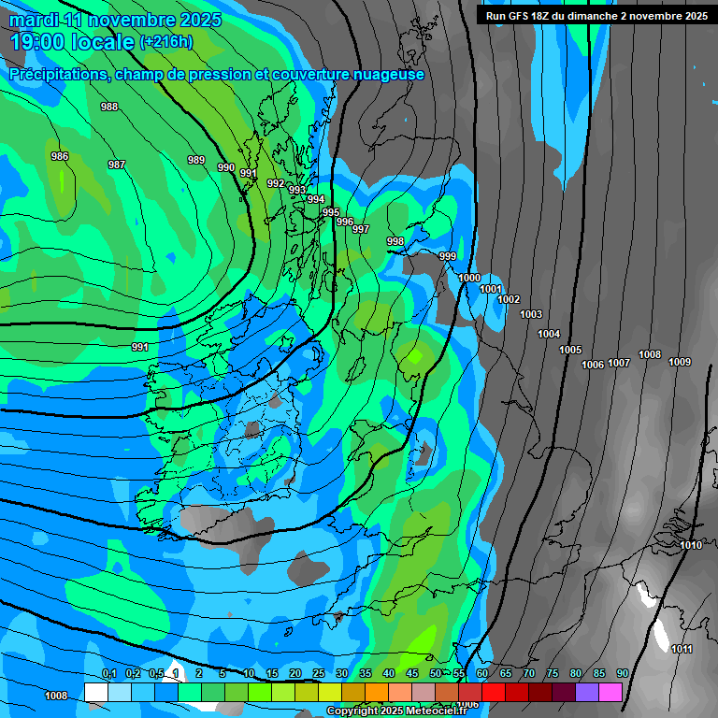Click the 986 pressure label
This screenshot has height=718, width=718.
60,156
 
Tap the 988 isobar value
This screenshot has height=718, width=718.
109,107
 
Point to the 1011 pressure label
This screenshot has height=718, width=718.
682,649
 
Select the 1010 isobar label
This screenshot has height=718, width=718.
691,545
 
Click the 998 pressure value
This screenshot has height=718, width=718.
395,242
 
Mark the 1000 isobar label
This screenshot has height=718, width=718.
469,278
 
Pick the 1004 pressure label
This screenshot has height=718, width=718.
549,334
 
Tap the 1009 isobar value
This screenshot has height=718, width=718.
680,362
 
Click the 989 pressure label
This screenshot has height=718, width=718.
196,160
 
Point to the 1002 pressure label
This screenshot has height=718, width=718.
509,299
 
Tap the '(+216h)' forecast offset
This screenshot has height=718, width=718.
166,42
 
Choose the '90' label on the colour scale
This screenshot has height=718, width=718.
622,673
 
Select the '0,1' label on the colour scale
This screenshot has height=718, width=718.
109,673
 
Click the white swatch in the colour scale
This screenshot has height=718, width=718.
95,692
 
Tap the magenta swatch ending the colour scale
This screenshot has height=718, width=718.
610,692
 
